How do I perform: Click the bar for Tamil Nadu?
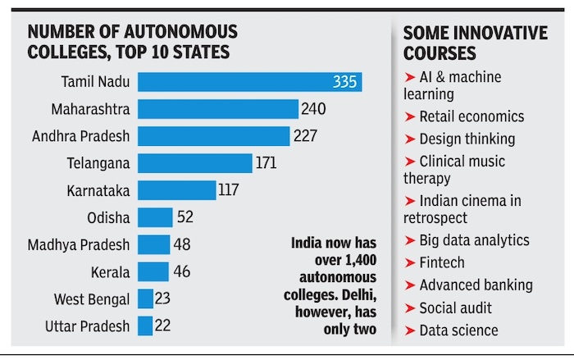point(246,82)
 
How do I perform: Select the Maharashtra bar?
point(218,109)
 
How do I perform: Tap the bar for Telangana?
point(194,163)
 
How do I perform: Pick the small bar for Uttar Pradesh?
point(145,326)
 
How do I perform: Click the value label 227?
point(305,136)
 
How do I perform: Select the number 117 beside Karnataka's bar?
point(228,190)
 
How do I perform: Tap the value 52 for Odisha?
point(186,217)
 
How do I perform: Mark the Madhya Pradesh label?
point(79,244)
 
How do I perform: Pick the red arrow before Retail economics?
point(409,117)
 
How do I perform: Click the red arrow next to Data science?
point(409,330)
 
